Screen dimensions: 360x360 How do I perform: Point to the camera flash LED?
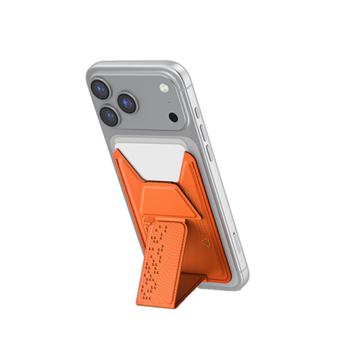click(162, 89)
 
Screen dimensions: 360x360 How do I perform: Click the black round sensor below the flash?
click(174, 117)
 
